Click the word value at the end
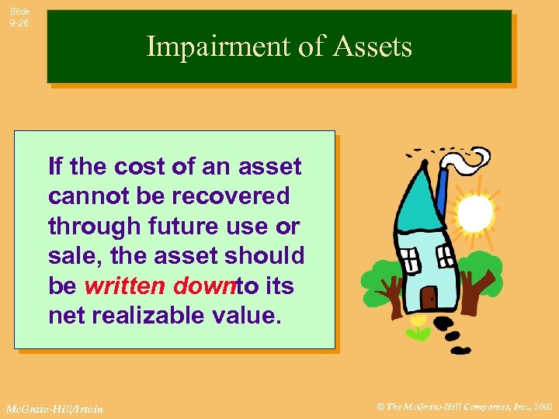[251, 315]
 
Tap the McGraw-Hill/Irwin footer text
[54, 408]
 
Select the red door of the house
[428, 298]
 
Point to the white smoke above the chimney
[466, 161]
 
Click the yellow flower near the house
[418, 323]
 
